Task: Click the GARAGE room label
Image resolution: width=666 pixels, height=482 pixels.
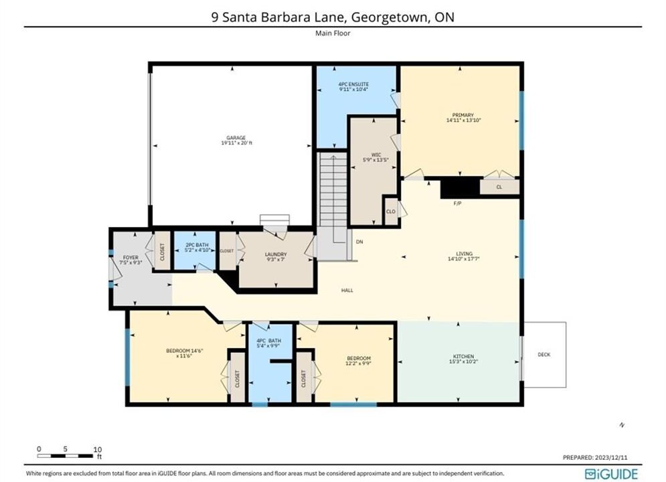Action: coord(236,138)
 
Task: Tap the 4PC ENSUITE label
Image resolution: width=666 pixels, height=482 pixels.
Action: coord(353,84)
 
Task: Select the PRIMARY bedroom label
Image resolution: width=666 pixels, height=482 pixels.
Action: coord(463,115)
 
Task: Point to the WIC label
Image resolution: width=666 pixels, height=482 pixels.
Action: coord(376,155)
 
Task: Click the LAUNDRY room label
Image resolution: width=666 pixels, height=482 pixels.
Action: coord(276,254)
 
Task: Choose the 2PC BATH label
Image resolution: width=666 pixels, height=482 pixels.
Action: coord(197,245)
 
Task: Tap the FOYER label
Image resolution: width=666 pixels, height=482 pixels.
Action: coord(131,257)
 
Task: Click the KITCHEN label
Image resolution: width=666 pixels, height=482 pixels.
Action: coord(463,356)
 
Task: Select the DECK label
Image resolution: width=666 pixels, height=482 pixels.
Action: coord(544,355)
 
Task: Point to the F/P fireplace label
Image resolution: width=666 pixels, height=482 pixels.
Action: coord(457,204)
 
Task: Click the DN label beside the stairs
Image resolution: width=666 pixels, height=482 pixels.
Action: coord(359,242)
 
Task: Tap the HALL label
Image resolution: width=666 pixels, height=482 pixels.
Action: coord(347,291)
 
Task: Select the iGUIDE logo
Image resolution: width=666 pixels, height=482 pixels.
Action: coord(611,474)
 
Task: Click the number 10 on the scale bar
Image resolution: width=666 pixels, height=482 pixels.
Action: coord(97,449)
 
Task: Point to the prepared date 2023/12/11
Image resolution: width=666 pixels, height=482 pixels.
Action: coord(611,457)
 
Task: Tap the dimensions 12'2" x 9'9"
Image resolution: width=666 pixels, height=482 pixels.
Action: coord(359,364)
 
